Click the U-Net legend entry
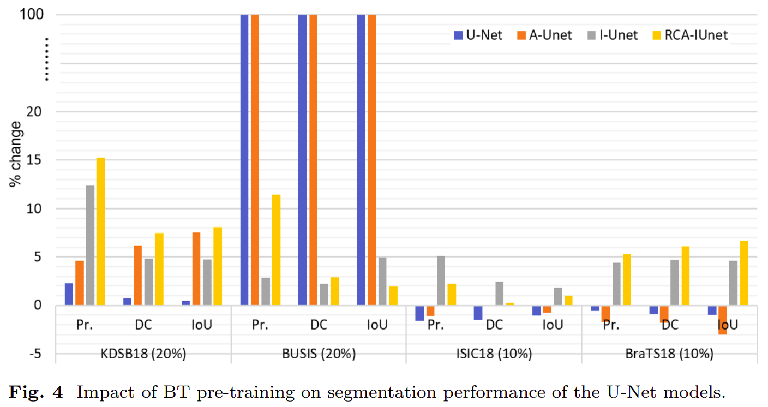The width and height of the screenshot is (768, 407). pos(478,35)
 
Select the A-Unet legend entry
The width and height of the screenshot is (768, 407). pos(543,35)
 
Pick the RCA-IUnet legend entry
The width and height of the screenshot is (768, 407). pos(689,35)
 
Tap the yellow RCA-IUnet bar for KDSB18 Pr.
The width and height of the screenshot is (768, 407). pos(100,231)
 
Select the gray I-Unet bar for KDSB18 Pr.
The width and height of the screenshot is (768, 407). pos(90,245)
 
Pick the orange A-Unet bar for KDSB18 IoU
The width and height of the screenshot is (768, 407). pos(196,268)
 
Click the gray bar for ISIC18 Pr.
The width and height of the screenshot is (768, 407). pos(441,280)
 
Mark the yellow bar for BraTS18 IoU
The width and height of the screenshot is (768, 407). pos(743,273)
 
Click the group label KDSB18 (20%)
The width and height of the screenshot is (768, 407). pos(143,354)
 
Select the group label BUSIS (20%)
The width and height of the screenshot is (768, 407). pos(319,354)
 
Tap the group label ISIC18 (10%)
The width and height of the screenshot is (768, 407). pos(494,354)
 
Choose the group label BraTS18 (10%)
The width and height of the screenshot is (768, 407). pos(669,354)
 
